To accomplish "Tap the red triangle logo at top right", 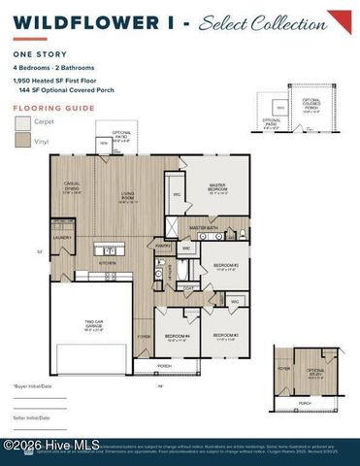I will point(339,21).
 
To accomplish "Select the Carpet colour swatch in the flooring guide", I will point(23,124).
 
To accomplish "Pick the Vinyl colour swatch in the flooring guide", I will point(23,141).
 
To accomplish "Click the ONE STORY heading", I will point(35,54).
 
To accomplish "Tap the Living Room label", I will point(127,199).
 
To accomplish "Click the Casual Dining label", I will point(72,190).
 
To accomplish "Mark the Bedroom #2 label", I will point(226,266).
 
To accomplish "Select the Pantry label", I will point(164,247).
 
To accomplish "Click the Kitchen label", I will point(107,262).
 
